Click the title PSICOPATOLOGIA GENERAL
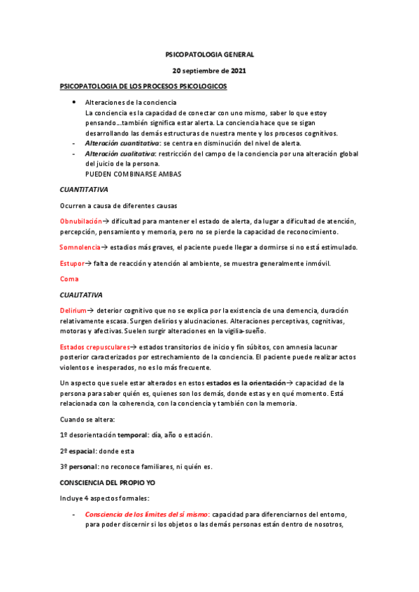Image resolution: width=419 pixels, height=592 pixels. tap(209, 54)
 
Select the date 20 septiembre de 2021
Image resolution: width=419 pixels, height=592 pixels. tap(209, 71)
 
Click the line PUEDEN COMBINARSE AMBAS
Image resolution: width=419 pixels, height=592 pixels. tap(133, 174)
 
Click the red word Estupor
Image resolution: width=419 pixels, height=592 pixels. tap(72, 263)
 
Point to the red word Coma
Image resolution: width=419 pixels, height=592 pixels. tap(69, 279)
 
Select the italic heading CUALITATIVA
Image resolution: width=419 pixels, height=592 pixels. tap(81, 295)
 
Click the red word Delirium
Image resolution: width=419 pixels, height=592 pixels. tap(73, 310)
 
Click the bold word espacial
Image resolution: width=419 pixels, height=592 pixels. tap(84, 451)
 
